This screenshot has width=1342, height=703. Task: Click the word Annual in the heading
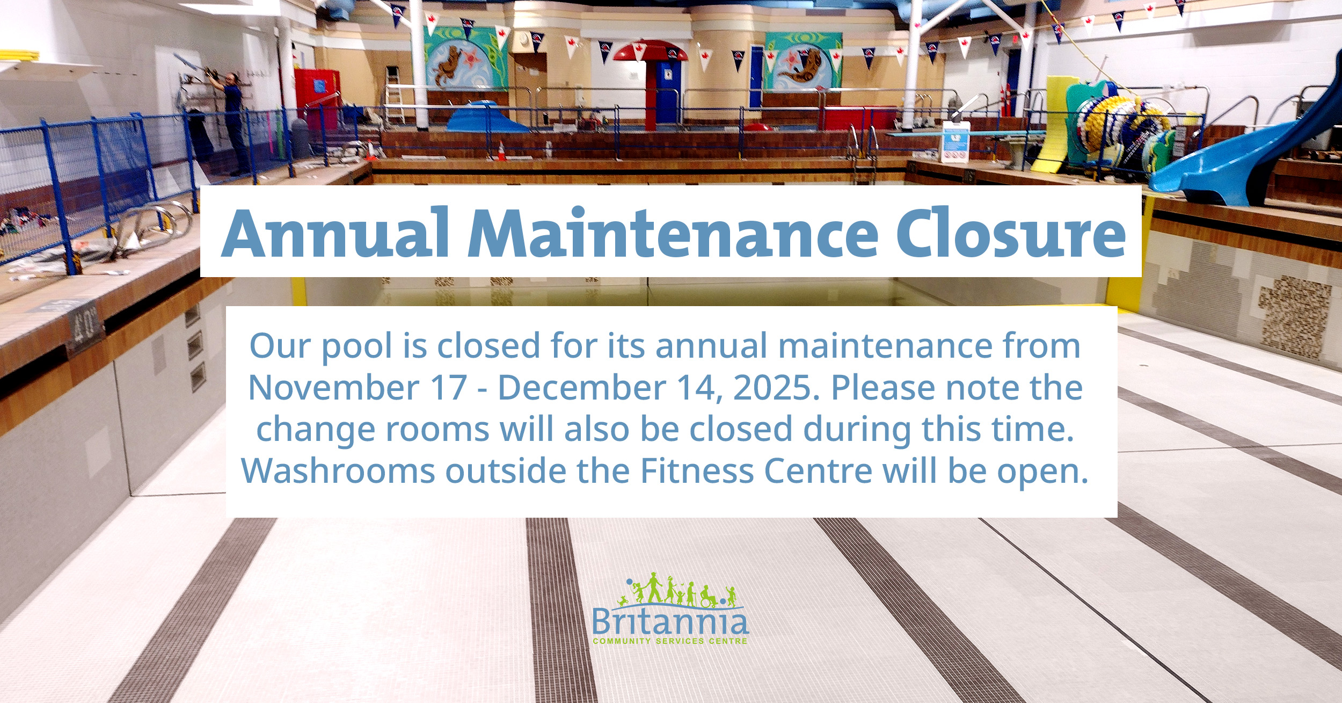(x=335, y=233)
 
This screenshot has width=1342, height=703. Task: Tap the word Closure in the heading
(x=1010, y=233)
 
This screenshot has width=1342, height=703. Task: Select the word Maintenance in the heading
(x=673, y=233)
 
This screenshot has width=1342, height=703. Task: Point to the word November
(x=332, y=387)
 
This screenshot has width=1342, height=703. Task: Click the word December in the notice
(x=582, y=387)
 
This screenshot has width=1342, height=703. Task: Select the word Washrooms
(x=338, y=471)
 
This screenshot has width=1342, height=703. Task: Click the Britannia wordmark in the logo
(x=670, y=622)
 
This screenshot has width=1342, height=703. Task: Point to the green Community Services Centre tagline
(x=670, y=641)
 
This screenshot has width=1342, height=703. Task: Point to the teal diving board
(x=966, y=133)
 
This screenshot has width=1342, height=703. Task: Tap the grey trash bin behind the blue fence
(x=301, y=139)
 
